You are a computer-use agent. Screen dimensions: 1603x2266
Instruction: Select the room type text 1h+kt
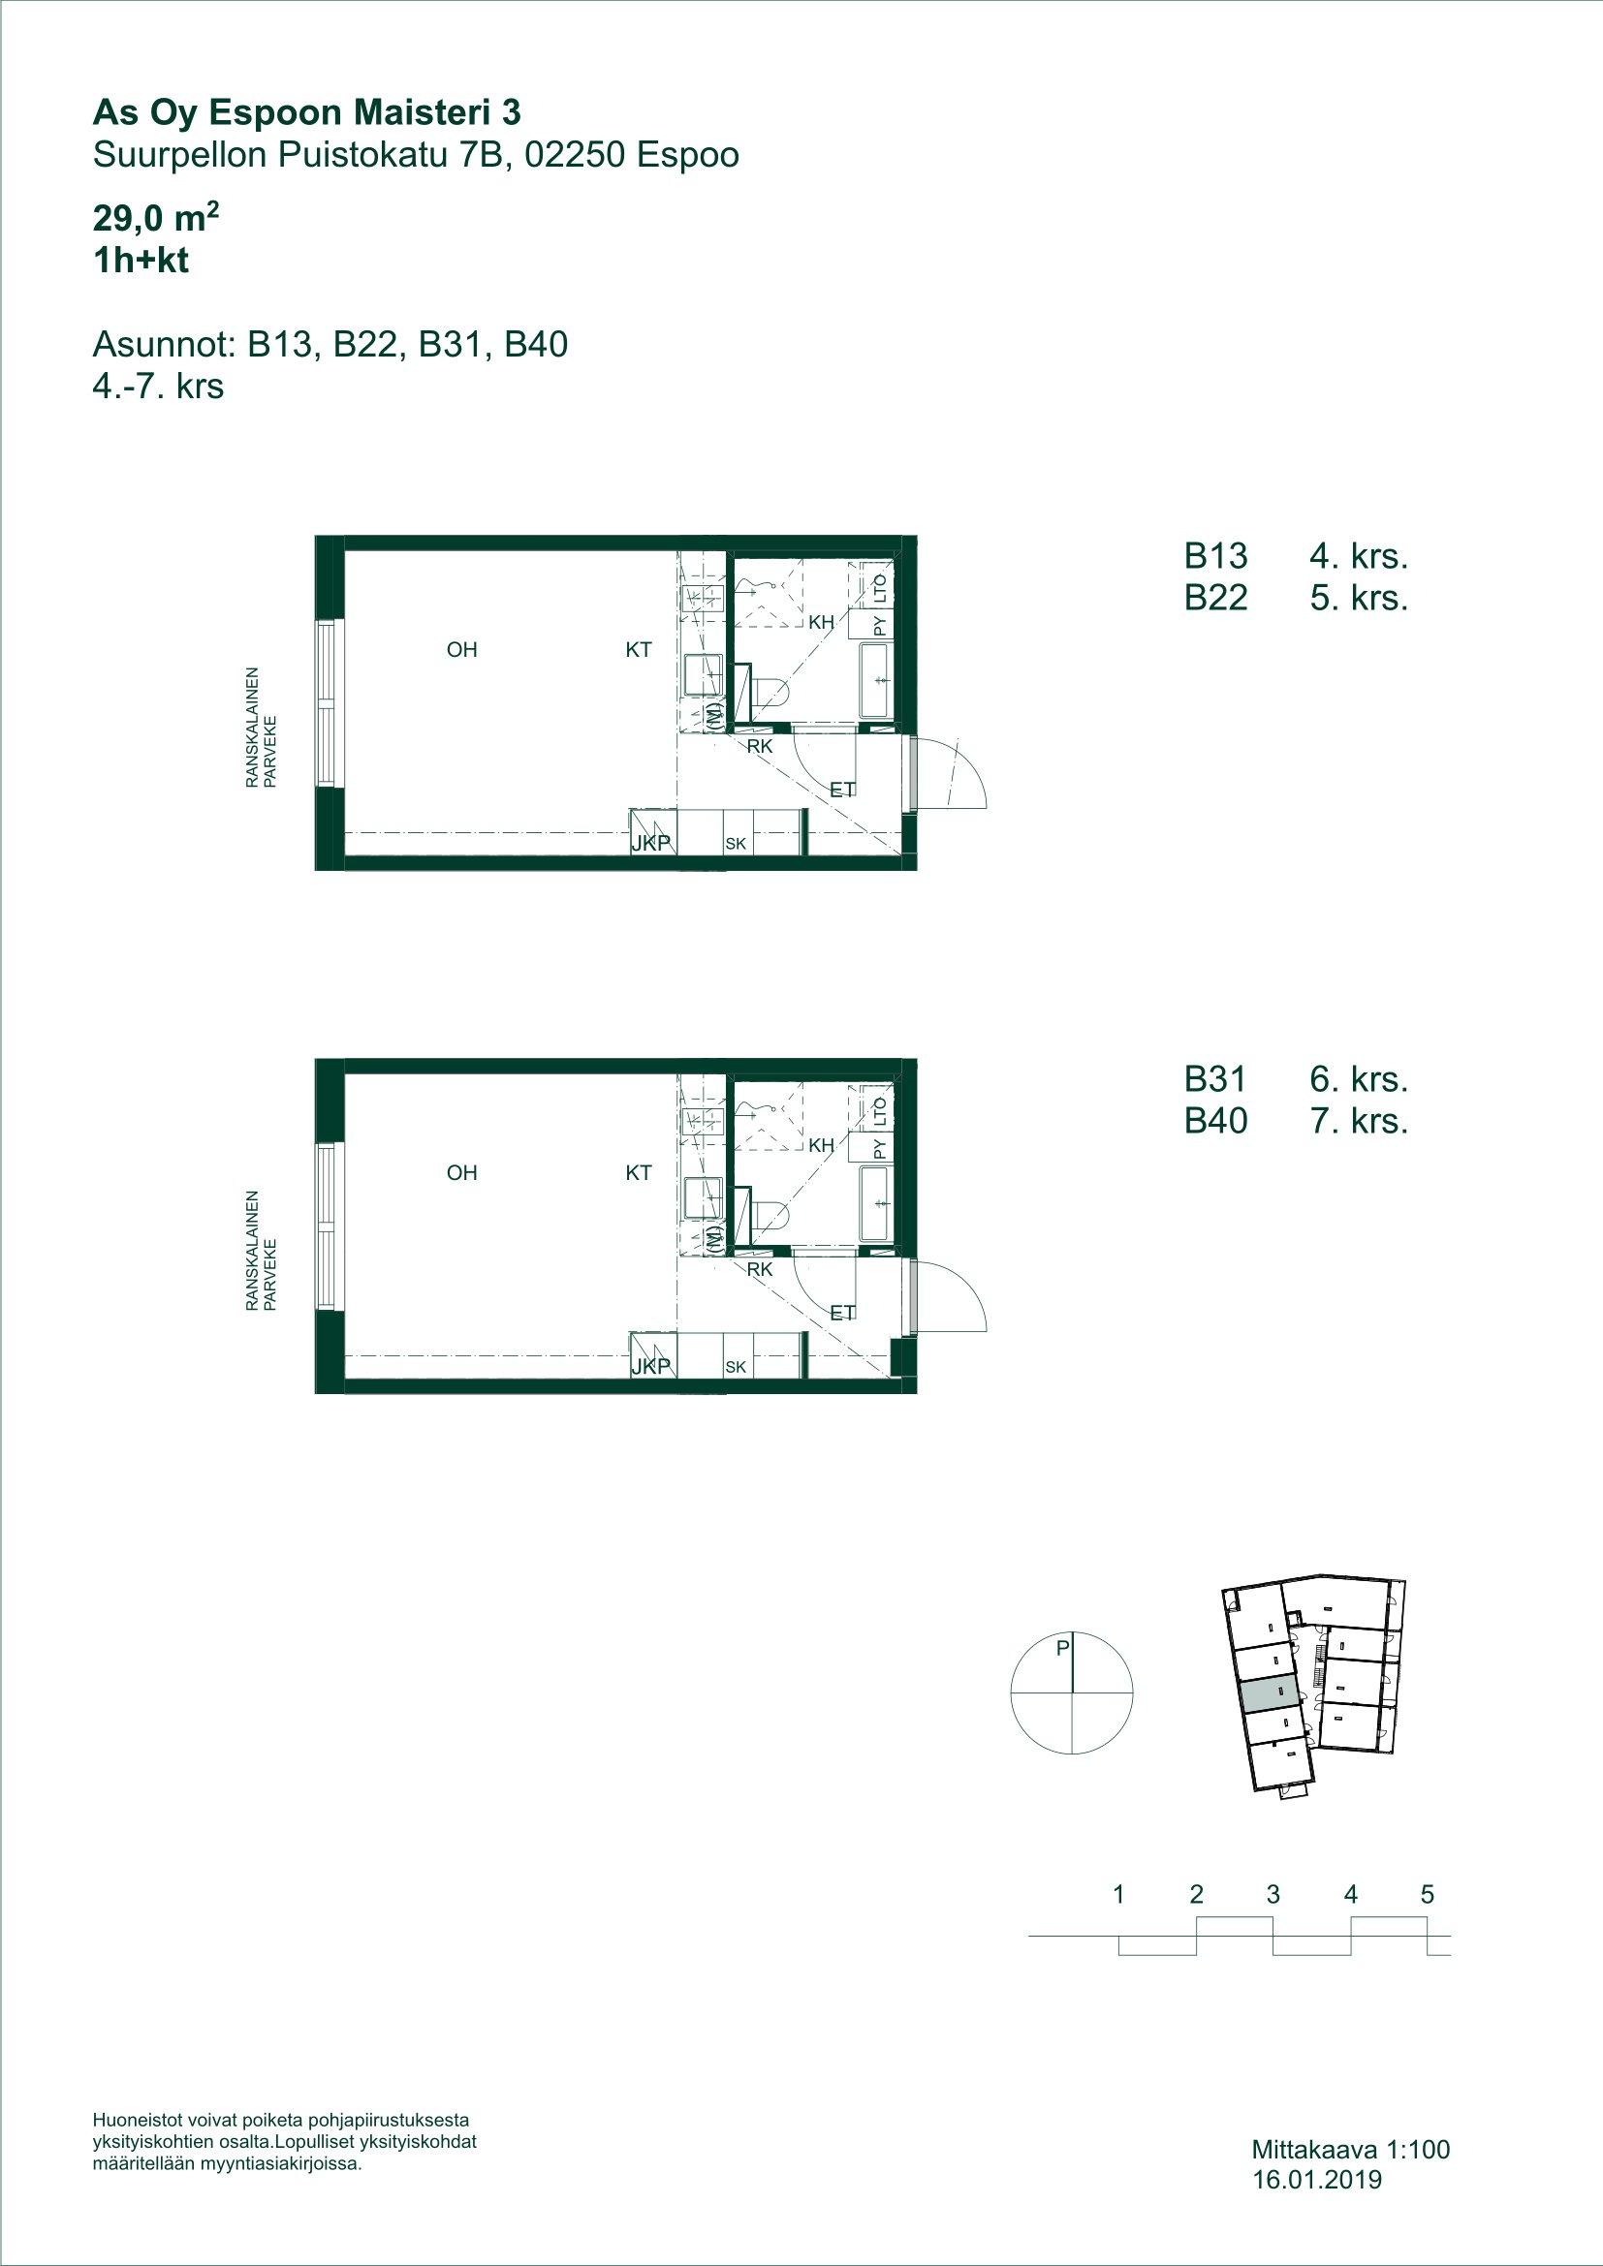[141, 263]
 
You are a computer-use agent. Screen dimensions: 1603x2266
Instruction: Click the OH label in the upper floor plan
[462, 649]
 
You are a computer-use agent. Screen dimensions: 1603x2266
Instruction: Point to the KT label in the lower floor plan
[639, 1172]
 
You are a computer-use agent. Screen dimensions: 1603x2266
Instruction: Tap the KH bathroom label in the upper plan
[821, 623]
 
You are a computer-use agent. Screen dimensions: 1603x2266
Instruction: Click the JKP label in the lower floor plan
[651, 1366]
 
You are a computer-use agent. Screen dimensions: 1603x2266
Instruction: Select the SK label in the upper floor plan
[736, 844]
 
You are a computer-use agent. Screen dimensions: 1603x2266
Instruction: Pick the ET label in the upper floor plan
[842, 789]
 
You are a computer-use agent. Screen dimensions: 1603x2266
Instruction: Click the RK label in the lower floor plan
[759, 1270]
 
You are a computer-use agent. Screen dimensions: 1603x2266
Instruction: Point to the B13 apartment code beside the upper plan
[1216, 558]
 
